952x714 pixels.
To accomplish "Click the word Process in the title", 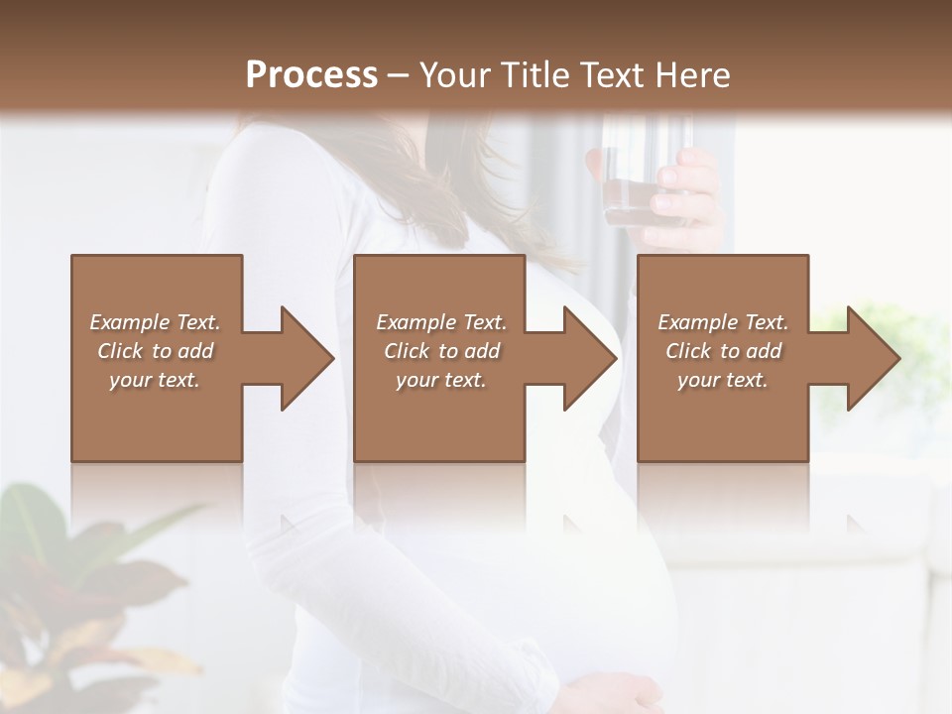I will tap(311, 75).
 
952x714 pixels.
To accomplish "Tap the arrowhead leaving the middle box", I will tap(588, 358).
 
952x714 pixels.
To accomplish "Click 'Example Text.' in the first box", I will tap(155, 322).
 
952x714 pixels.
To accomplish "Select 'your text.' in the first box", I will tap(155, 380).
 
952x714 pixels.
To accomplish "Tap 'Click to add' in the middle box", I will tap(441, 351).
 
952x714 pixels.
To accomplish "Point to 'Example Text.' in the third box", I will tap(723, 322).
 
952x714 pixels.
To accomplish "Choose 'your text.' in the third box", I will tap(723, 380).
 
